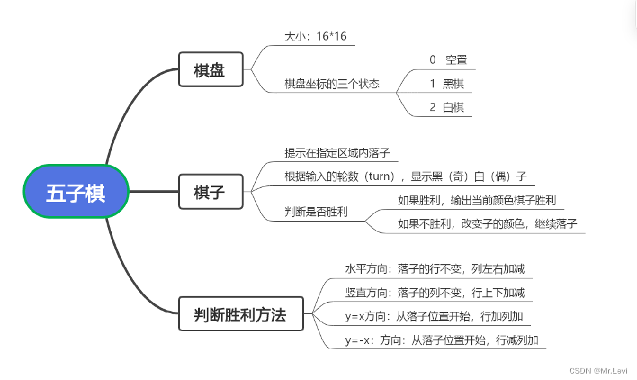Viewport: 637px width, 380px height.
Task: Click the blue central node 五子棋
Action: click(76, 192)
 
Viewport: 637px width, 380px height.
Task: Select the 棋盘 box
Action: click(210, 69)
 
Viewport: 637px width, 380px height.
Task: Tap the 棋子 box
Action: click(210, 192)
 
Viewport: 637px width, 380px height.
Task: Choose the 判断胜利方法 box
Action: click(240, 314)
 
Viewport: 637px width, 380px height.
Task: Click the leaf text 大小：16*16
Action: click(315, 37)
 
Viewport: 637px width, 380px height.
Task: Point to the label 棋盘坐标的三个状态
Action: click(332, 84)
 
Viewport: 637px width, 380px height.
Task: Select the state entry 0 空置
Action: click(449, 60)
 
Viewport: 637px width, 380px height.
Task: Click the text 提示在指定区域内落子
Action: click(337, 153)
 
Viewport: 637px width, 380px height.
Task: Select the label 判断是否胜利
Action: click(316, 212)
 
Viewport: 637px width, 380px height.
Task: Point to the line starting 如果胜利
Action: click(477, 200)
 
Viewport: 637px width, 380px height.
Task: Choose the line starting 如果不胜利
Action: click(487, 224)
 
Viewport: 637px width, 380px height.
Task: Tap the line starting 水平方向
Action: click(435, 269)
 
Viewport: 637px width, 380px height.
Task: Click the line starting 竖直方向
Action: click(435, 293)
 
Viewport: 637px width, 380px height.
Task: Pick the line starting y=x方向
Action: click(437, 316)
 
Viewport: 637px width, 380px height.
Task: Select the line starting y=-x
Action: click(441, 340)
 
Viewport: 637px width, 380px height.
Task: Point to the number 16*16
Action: click(332, 37)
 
